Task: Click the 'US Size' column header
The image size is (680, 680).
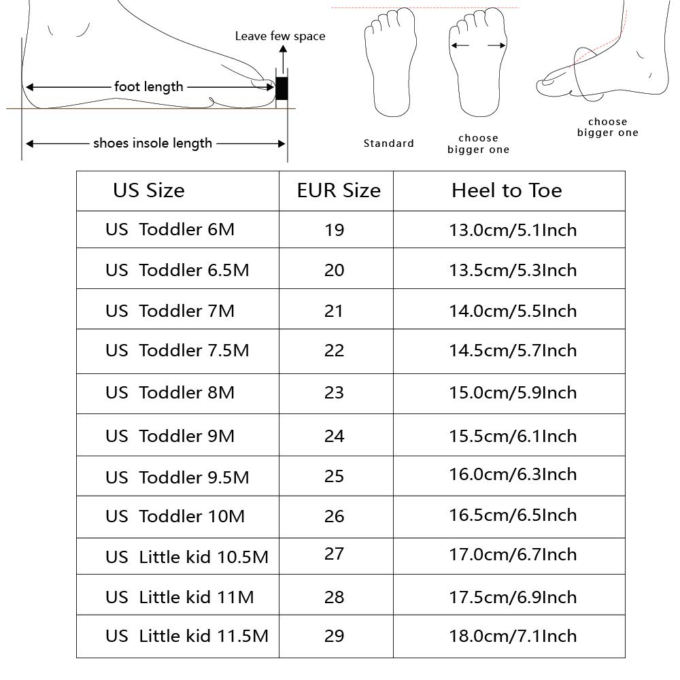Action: point(148,190)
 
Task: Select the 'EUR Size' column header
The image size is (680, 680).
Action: point(338,190)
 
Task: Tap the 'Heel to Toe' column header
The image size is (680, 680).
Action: point(507,190)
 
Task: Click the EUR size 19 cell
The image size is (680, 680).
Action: point(335,230)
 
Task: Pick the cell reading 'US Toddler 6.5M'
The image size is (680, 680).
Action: point(177,270)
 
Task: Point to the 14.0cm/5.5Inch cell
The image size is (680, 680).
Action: point(513,311)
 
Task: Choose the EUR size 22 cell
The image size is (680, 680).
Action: point(335,350)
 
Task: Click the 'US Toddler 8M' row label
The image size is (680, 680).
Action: point(169,392)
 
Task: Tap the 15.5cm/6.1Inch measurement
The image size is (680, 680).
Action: point(513,436)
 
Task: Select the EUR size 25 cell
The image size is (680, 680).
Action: point(335,476)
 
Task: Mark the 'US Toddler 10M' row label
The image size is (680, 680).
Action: point(175,516)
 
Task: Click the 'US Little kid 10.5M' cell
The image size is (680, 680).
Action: point(186,558)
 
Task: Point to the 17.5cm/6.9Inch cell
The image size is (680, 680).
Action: point(513,597)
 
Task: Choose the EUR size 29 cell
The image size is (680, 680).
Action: point(335,636)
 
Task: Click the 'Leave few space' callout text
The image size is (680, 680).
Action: point(280,36)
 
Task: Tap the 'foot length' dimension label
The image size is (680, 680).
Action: point(148,86)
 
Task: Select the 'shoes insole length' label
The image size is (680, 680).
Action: point(152,143)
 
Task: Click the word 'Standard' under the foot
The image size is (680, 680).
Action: point(388,143)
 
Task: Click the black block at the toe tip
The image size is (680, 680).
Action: point(282,88)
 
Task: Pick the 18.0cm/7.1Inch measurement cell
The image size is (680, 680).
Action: point(513,636)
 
